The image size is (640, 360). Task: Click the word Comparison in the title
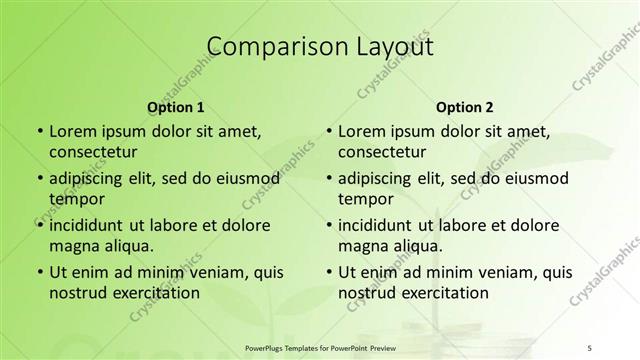click(x=264, y=46)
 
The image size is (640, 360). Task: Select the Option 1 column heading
click(x=175, y=107)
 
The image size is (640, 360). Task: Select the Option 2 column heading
click(x=464, y=107)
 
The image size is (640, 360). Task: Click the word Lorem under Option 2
click(x=361, y=131)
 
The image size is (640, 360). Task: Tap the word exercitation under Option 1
click(x=154, y=293)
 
